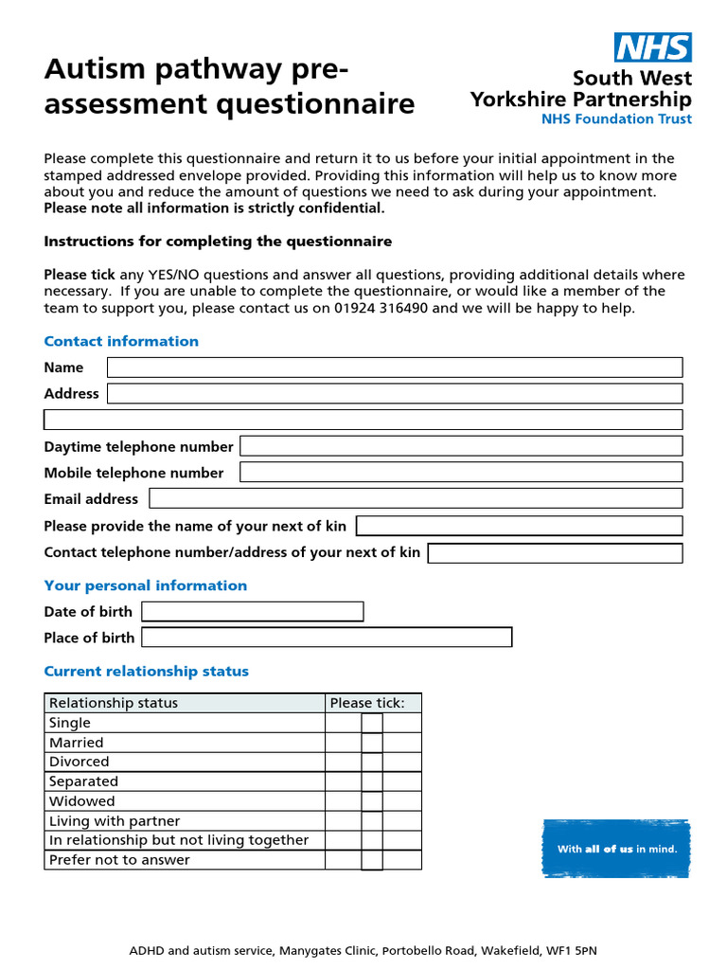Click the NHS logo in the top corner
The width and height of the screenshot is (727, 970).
pyautogui.click(x=653, y=47)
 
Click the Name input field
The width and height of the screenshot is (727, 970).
pyautogui.click(x=395, y=368)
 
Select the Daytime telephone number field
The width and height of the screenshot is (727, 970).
pyautogui.click(x=461, y=446)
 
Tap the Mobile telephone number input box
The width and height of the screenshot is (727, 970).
pyautogui.click(x=461, y=473)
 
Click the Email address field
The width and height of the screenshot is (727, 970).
pyautogui.click(x=416, y=498)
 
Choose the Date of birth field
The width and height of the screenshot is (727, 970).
pyautogui.click(x=252, y=612)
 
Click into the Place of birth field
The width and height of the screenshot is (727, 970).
pyautogui.click(x=327, y=638)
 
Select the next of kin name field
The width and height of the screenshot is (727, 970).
pyautogui.click(x=519, y=526)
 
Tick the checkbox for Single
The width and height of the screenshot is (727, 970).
pyautogui.click(x=372, y=723)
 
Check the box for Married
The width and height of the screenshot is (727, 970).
pyautogui.click(x=372, y=743)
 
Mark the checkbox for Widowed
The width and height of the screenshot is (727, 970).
pyautogui.click(x=372, y=801)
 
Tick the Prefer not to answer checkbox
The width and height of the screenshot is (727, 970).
pyautogui.click(x=372, y=860)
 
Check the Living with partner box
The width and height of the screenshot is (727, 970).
pyautogui.click(x=372, y=821)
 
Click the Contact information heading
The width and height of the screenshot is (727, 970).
pyautogui.click(x=121, y=341)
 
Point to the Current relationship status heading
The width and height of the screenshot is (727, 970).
pyautogui.click(x=146, y=672)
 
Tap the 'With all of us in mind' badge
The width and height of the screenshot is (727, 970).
pyautogui.click(x=616, y=849)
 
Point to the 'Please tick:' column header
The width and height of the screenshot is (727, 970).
pyautogui.click(x=367, y=703)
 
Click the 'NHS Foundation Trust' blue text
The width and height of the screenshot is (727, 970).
pyautogui.click(x=616, y=119)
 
